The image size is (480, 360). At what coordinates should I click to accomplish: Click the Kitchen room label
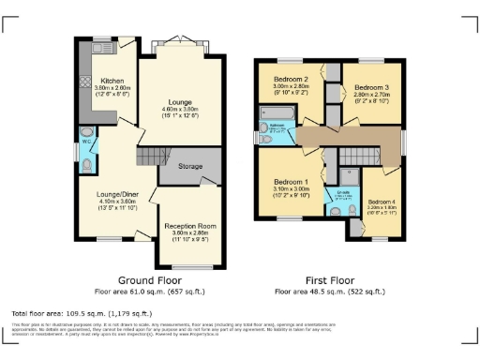point(112,81)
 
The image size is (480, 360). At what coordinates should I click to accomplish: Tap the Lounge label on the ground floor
point(180,101)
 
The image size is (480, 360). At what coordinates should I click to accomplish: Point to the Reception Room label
point(190,226)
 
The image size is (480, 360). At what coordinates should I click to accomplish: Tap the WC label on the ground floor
point(86,142)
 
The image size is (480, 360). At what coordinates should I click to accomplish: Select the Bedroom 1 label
point(291,182)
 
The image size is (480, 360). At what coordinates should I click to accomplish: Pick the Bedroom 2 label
point(291,79)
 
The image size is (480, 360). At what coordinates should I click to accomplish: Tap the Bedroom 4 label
point(382,202)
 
